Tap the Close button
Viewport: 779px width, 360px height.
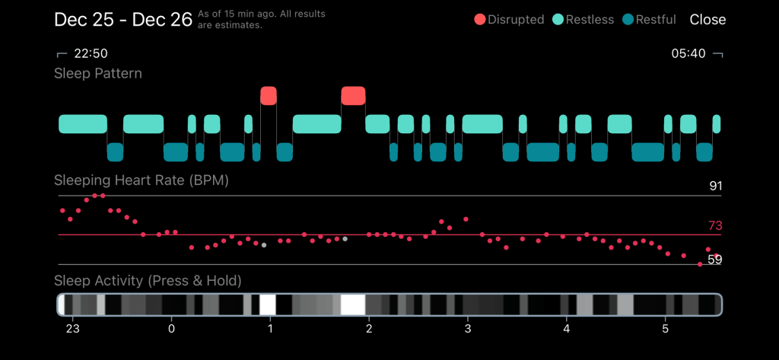707,20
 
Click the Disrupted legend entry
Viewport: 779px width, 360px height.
509,20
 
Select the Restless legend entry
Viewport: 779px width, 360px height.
582,20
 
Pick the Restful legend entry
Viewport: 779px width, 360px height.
649,20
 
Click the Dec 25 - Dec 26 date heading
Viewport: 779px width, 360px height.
123,20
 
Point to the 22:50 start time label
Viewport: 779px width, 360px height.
91,53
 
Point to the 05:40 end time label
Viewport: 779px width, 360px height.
688,53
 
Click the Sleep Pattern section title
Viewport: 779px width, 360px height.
98,74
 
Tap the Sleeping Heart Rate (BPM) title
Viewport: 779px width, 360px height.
141,181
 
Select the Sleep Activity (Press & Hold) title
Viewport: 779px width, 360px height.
148,281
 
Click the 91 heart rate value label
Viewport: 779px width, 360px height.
714,186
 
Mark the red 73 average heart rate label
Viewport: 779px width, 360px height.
714,225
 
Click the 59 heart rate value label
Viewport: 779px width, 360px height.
714,260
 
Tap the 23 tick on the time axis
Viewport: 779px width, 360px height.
73,329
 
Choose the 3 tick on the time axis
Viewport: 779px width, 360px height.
468,329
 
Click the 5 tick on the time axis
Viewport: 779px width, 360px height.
666,329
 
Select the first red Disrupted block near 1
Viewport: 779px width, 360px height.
269,95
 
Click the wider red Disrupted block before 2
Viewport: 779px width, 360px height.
353,95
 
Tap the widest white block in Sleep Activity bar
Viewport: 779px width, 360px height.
353,304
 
